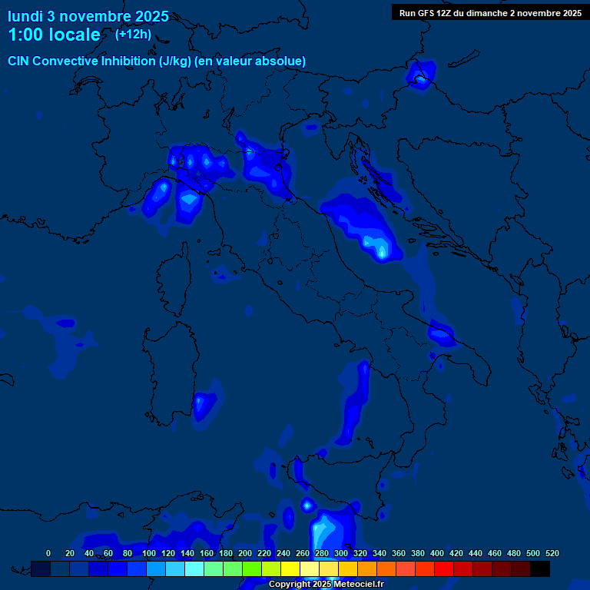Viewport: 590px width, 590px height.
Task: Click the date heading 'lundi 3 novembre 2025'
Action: point(88,16)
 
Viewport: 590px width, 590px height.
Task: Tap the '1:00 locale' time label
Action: point(54,35)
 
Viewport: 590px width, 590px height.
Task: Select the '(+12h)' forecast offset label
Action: point(133,34)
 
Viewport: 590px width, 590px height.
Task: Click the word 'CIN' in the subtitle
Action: point(19,61)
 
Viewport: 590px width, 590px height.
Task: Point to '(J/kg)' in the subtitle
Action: point(176,61)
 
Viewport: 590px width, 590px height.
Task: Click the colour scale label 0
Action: point(48,553)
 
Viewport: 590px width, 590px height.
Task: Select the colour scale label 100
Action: point(149,553)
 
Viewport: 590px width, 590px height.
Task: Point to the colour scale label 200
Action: point(245,553)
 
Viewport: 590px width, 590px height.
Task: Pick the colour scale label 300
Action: point(341,553)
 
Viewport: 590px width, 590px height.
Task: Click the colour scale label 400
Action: point(437,553)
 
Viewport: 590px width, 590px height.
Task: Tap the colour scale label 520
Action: point(552,553)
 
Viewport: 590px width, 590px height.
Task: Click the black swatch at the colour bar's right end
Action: point(540,568)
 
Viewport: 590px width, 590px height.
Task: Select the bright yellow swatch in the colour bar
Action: point(290,568)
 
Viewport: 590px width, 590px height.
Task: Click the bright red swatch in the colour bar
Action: point(444,568)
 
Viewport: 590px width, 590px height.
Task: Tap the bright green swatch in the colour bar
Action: point(252,568)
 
